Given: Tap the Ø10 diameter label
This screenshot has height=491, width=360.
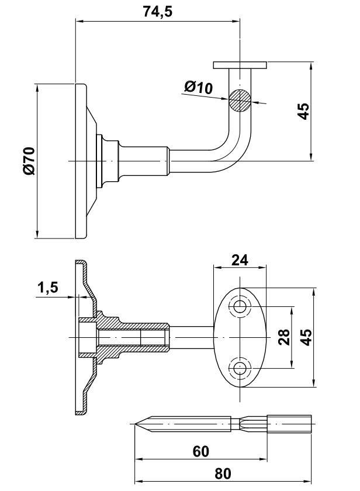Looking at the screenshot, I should (x=198, y=88).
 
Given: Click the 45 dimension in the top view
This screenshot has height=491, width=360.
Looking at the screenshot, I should (x=303, y=111).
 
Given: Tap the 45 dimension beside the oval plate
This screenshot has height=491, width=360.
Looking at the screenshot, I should (x=307, y=337).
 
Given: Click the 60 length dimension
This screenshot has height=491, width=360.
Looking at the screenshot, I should (x=200, y=451).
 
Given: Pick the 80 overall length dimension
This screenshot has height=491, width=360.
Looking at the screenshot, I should (x=223, y=473).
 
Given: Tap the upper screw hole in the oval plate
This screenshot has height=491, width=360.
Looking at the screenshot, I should (x=240, y=307).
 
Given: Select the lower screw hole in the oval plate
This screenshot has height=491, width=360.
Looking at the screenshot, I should (x=240, y=368).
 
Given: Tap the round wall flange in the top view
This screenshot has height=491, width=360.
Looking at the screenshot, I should (x=81, y=161).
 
